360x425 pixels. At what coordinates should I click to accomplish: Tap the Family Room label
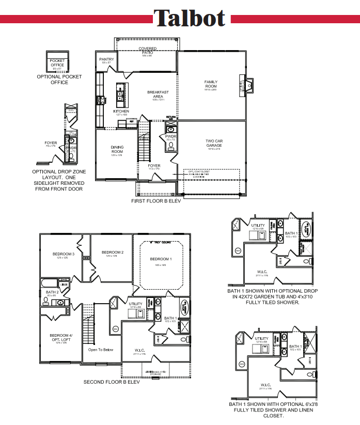pyautogui.click(x=210, y=84)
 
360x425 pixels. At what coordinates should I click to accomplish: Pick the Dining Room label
pyautogui.click(x=117, y=149)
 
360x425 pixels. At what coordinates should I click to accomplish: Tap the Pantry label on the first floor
pyautogui.click(x=106, y=60)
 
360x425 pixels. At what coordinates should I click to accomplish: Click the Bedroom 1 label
pyautogui.click(x=161, y=259)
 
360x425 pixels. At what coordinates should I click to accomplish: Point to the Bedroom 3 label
pyautogui.click(x=64, y=254)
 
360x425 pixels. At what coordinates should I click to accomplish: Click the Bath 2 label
pyautogui.click(x=52, y=292)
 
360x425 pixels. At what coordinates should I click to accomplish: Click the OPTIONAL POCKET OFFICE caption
pyautogui.click(x=59, y=80)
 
